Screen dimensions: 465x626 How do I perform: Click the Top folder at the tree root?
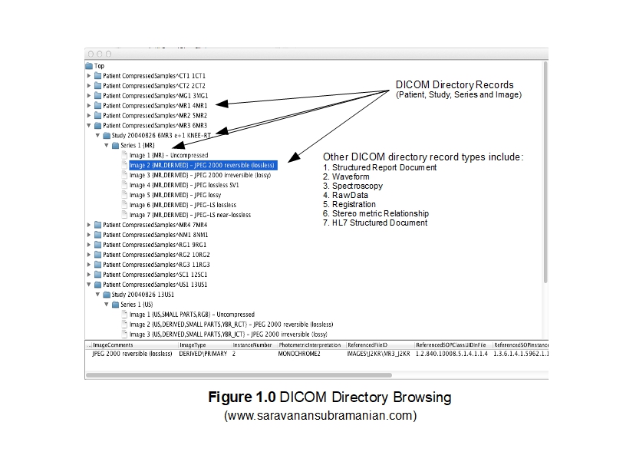(x=99, y=66)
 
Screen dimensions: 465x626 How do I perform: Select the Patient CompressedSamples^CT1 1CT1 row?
(x=153, y=76)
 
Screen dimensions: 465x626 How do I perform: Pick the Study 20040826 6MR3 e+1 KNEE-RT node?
(x=166, y=135)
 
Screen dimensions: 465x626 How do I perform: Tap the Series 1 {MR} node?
(x=139, y=145)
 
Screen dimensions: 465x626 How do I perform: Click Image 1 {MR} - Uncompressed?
(x=168, y=155)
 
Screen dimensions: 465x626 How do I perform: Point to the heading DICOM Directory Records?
(x=454, y=85)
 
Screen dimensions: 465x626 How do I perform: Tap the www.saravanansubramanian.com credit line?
(x=320, y=416)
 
